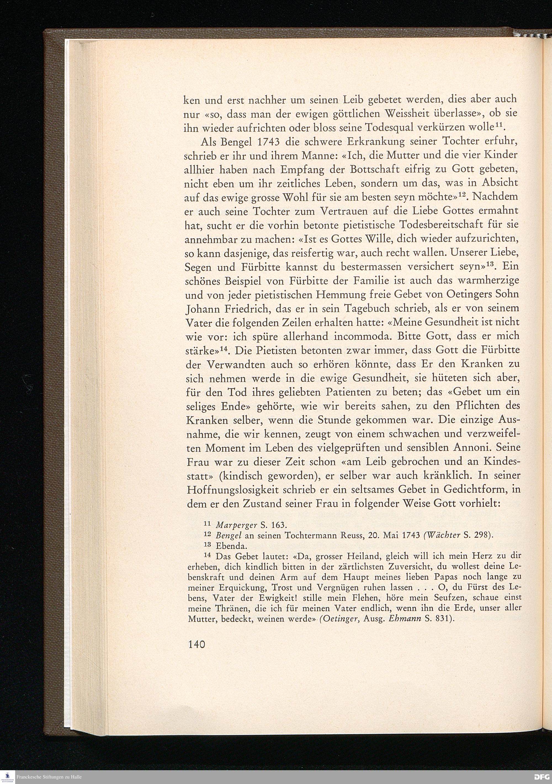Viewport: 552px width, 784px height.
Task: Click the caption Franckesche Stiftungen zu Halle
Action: click(x=49, y=777)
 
